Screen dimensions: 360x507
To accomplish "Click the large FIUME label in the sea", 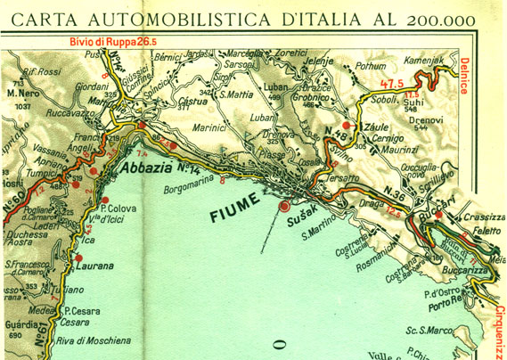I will click(x=234, y=215).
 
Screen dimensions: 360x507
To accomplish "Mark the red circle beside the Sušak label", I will click(x=284, y=207).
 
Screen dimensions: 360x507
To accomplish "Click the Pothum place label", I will click(x=370, y=65).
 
